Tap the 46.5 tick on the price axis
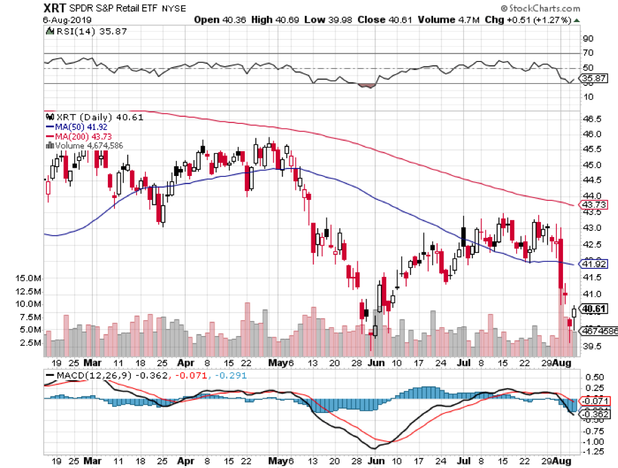pos(593,119)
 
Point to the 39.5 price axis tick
pos(593,346)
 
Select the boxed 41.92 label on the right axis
pos(593,264)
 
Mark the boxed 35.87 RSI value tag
pos(593,79)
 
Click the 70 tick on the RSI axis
pos(588,53)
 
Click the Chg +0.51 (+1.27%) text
pos(537,19)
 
